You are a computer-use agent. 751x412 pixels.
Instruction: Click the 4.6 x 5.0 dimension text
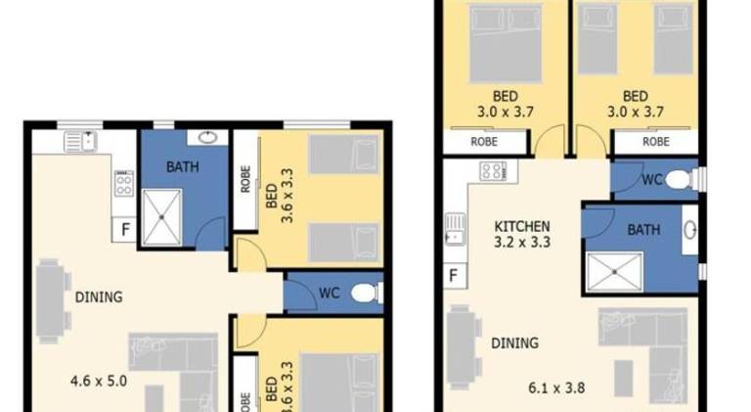pyautogui.click(x=99, y=382)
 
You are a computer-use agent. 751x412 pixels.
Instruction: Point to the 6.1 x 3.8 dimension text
pyautogui.click(x=556, y=388)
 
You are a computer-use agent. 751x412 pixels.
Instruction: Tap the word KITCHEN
pyautogui.click(x=521, y=226)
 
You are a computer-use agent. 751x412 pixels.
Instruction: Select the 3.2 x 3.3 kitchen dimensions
pyautogui.click(x=522, y=242)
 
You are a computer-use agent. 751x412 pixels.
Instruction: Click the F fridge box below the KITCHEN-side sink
pyautogui.click(x=454, y=275)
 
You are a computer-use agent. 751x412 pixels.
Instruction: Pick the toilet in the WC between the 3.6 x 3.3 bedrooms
pyautogui.click(x=367, y=294)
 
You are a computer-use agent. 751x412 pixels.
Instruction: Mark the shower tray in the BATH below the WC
pyautogui.click(x=614, y=272)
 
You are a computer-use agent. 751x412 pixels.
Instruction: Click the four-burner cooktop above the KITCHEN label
pyautogui.click(x=493, y=171)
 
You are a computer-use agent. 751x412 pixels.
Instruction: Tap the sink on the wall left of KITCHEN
pyautogui.click(x=455, y=229)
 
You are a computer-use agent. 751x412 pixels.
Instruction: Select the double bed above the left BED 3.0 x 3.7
pyautogui.click(x=507, y=43)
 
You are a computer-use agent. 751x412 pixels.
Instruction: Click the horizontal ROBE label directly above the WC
pyautogui.click(x=656, y=142)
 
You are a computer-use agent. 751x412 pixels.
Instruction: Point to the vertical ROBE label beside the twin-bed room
pyautogui.click(x=245, y=179)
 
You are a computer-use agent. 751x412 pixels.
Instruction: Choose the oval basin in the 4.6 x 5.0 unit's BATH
pyautogui.click(x=208, y=138)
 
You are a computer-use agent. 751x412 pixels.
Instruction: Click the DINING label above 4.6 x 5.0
pyautogui.click(x=99, y=298)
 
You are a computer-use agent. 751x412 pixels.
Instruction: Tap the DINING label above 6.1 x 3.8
pyautogui.click(x=515, y=343)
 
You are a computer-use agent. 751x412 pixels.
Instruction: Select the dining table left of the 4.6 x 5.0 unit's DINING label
pyautogui.click(x=51, y=300)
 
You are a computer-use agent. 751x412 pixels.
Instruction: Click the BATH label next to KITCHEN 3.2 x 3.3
pyautogui.click(x=643, y=230)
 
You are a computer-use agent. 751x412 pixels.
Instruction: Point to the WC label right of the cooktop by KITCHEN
pyautogui.click(x=652, y=180)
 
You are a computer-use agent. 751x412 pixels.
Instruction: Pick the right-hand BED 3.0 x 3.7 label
pyautogui.click(x=636, y=104)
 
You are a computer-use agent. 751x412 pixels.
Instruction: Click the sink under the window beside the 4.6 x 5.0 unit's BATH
pyautogui.click(x=81, y=142)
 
